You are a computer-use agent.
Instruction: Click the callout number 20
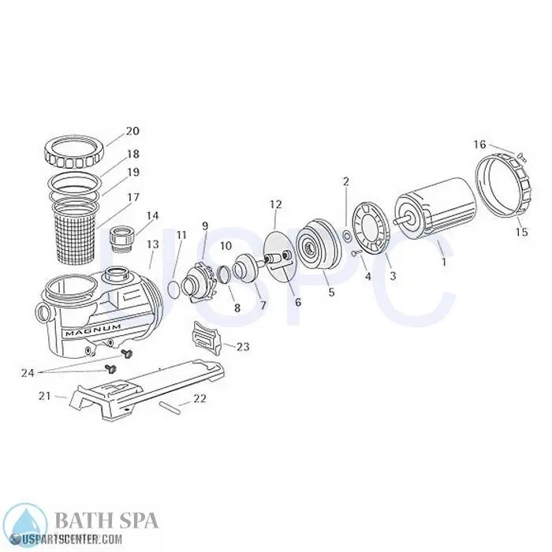point(132,131)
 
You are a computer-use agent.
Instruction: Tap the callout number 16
point(479,144)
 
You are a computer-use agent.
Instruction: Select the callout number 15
point(520,232)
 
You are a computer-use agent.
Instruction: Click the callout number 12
point(274,204)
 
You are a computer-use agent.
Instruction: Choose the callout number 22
point(200,398)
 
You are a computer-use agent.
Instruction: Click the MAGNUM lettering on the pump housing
point(93,332)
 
